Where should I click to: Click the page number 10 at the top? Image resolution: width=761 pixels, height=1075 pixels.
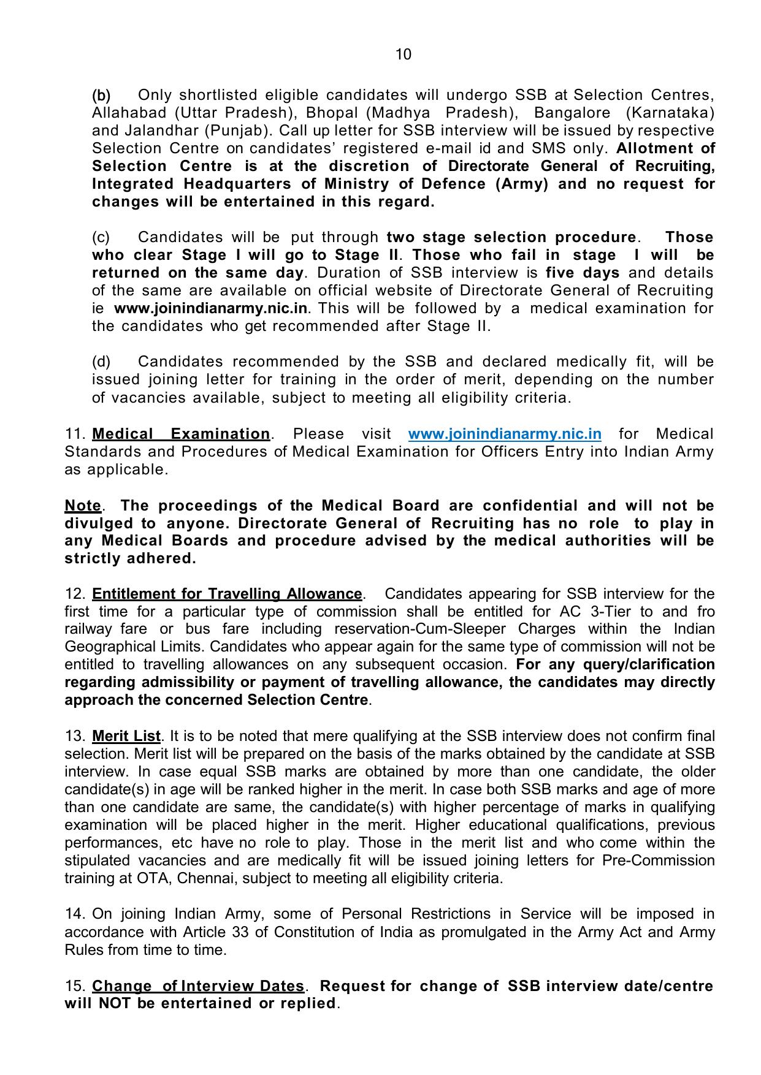click(403, 55)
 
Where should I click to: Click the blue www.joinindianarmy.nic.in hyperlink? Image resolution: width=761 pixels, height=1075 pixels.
click(504, 434)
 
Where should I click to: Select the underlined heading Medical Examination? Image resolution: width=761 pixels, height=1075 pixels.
click(180, 434)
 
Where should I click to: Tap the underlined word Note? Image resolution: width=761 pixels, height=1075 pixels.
click(83, 506)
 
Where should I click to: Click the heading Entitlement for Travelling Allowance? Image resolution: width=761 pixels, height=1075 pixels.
click(227, 594)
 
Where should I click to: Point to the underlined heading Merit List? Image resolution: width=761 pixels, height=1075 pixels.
click(126, 736)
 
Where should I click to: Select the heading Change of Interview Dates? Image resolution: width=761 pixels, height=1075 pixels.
click(197, 986)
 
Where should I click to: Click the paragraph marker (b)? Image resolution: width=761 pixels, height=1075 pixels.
click(101, 96)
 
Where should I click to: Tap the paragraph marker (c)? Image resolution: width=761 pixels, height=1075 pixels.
click(101, 237)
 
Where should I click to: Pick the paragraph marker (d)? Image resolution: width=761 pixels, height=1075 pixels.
click(101, 362)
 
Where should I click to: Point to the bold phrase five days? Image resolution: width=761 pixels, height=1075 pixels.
click(582, 273)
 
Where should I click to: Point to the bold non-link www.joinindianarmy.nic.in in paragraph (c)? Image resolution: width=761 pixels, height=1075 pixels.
click(210, 308)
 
